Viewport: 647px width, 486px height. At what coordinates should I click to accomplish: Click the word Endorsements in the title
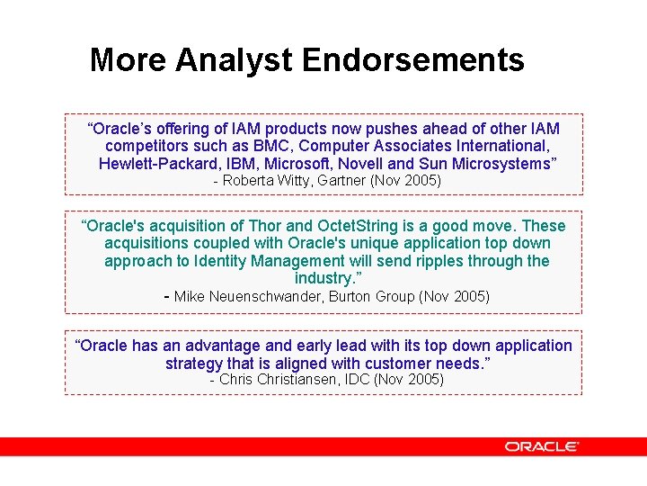(412, 60)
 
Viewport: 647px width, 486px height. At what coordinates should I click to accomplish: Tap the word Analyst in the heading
(235, 60)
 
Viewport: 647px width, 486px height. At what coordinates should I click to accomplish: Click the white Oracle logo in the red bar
(541, 446)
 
